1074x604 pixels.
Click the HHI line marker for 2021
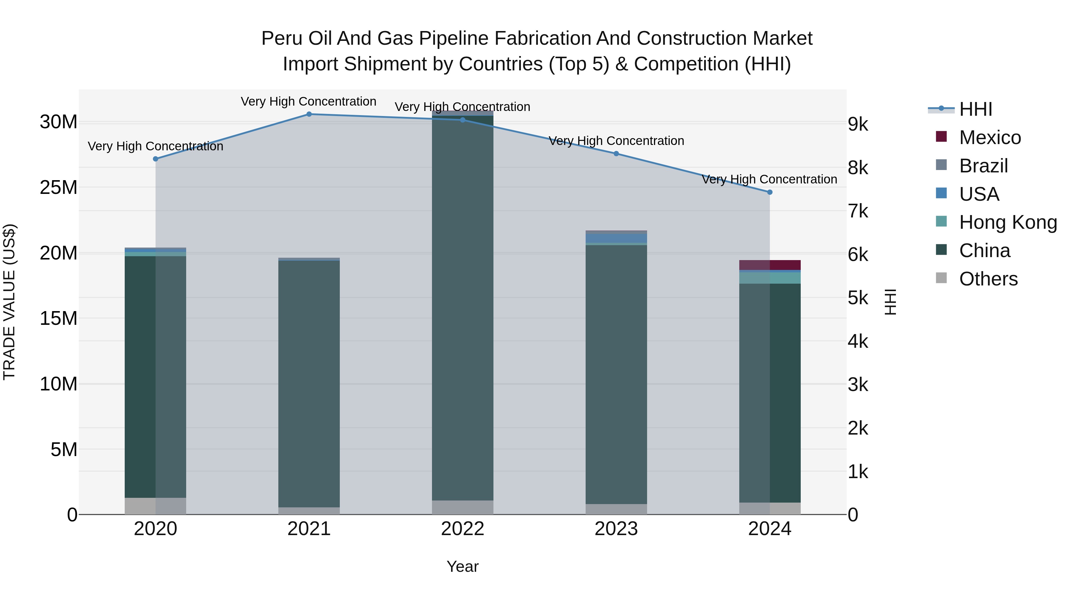pyautogui.click(x=309, y=114)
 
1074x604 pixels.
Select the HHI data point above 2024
pyautogui.click(x=770, y=192)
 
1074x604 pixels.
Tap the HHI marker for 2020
pyautogui.click(x=155, y=159)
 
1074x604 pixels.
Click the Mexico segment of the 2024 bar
pyautogui.click(x=770, y=265)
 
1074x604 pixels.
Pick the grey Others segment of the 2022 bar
pyautogui.click(x=462, y=507)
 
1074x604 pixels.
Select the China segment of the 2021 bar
pyautogui.click(x=309, y=384)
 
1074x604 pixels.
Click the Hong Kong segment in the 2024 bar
pyautogui.click(x=770, y=278)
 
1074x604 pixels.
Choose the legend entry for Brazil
pyautogui.click(x=983, y=166)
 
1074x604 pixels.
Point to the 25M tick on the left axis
pyautogui.click(x=58, y=188)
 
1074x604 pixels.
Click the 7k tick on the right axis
pyautogui.click(x=858, y=211)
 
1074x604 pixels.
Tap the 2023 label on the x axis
pyautogui.click(x=616, y=529)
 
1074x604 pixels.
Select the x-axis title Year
pyautogui.click(x=462, y=566)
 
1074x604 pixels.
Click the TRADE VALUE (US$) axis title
pyautogui.click(x=9, y=302)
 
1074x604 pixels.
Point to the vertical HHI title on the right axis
pyautogui.click(x=890, y=302)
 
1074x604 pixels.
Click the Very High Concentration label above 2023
pyautogui.click(x=616, y=141)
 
